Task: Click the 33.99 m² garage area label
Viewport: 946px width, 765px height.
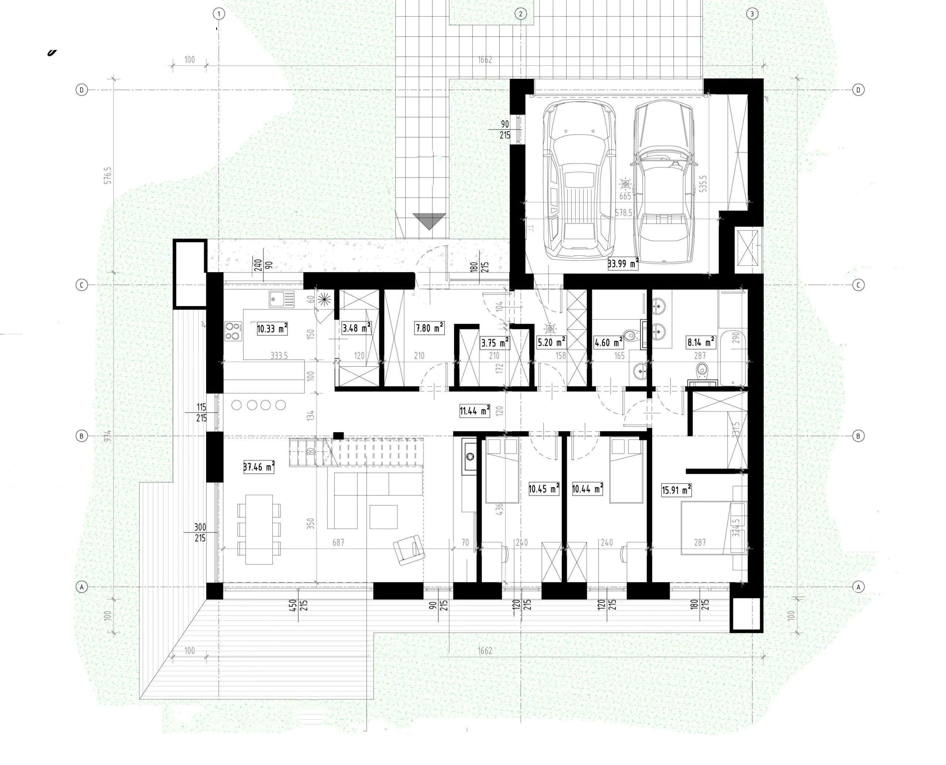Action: [x=622, y=264]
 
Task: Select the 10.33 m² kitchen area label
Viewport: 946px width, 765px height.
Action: [x=272, y=328]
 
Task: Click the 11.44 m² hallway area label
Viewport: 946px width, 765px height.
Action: [x=474, y=411]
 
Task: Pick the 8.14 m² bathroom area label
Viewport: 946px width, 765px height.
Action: [x=701, y=342]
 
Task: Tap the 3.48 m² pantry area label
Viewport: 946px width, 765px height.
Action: [x=356, y=328]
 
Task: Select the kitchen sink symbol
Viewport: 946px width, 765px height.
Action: [x=282, y=299]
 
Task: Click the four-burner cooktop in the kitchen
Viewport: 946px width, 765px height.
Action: [x=233, y=331]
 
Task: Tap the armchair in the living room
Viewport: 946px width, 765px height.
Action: [x=409, y=549]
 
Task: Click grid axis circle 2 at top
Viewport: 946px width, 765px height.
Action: [x=520, y=14]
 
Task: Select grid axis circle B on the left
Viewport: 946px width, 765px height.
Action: [x=81, y=436]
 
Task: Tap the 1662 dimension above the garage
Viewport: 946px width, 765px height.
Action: [x=485, y=60]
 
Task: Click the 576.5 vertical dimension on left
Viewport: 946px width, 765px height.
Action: [x=108, y=175]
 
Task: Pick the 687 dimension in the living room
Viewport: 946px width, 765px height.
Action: [x=338, y=542]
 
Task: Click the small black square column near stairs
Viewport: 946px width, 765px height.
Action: [x=338, y=436]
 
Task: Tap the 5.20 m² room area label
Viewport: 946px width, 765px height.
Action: [x=551, y=342]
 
